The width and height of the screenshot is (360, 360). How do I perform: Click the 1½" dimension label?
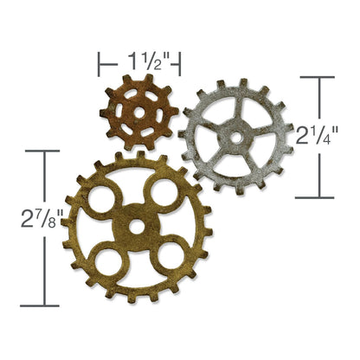click(x=138, y=61)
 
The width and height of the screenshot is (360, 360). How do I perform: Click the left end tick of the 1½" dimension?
click(x=99, y=62)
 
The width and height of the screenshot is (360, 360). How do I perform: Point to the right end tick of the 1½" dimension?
click(x=180, y=62)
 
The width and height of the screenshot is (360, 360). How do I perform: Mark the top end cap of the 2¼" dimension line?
click(x=315, y=78)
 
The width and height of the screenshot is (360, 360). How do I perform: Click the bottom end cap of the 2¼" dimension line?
click(x=315, y=197)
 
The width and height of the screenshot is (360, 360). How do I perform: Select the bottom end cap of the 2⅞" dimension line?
click(x=41, y=305)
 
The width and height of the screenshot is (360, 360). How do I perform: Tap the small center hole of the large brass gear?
click(x=136, y=227)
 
